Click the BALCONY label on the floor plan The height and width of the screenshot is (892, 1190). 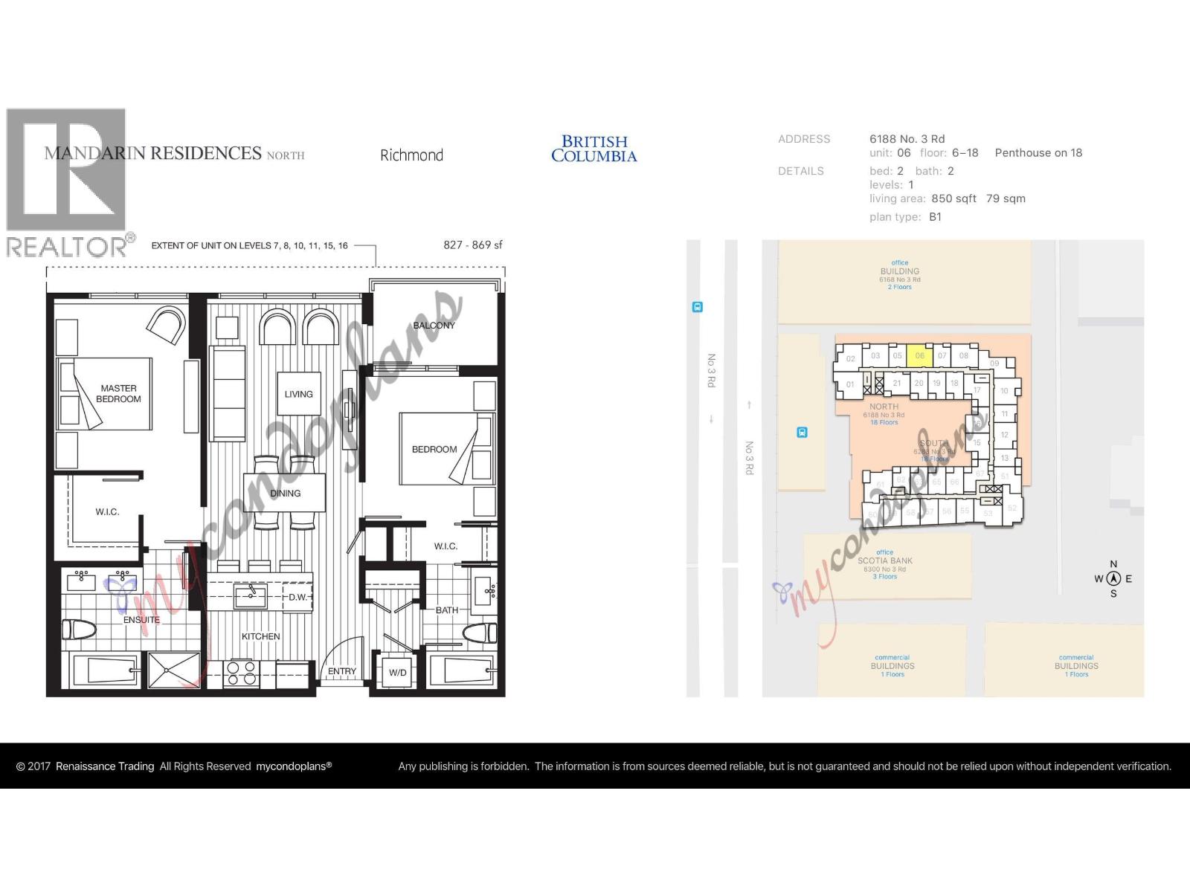point(434,326)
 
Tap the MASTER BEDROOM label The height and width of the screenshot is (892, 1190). point(118,393)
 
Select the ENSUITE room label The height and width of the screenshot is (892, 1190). point(141,619)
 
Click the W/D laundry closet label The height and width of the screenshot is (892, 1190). point(398,673)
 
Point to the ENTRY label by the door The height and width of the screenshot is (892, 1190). point(342,671)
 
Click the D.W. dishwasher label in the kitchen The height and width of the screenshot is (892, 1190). point(298,597)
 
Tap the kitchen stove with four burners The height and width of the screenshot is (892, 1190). point(241,673)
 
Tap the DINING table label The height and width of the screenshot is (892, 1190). point(286,493)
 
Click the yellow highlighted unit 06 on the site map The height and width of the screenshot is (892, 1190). point(920,355)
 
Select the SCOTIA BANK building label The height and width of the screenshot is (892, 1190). point(885,561)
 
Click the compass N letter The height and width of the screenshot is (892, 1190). point(1113,564)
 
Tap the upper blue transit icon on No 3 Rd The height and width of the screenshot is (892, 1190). point(697,307)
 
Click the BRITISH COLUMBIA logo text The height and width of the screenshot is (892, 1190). point(594,149)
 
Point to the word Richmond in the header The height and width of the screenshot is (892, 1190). point(411,155)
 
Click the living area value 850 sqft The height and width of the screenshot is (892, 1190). point(953,198)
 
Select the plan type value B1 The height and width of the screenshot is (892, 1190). point(935,217)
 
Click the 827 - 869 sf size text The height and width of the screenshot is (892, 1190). point(473,245)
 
